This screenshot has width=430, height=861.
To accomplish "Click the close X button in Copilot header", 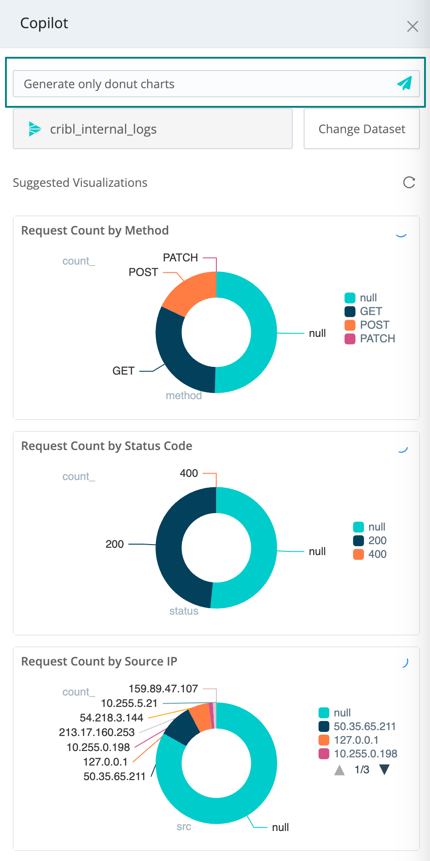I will pos(412,26).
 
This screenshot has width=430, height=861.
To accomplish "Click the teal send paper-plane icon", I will pos(404,83).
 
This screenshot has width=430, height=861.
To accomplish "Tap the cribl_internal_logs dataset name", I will pos(103,129).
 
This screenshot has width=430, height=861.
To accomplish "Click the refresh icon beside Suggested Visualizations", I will pos(409,182).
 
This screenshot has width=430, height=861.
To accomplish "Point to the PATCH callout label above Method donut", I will pos(180,258).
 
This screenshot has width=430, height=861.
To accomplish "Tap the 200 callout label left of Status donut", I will pos(115,544).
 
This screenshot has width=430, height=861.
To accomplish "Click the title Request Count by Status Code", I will pos(107,446).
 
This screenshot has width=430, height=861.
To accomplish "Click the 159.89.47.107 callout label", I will pos(163,689).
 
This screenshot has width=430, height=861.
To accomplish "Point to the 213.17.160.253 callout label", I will pos(97,732).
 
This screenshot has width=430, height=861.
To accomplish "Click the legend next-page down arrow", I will pos(384,770).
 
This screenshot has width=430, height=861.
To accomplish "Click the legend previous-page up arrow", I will pos(340,770).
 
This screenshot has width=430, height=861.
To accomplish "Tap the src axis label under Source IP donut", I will pos(184,826).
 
